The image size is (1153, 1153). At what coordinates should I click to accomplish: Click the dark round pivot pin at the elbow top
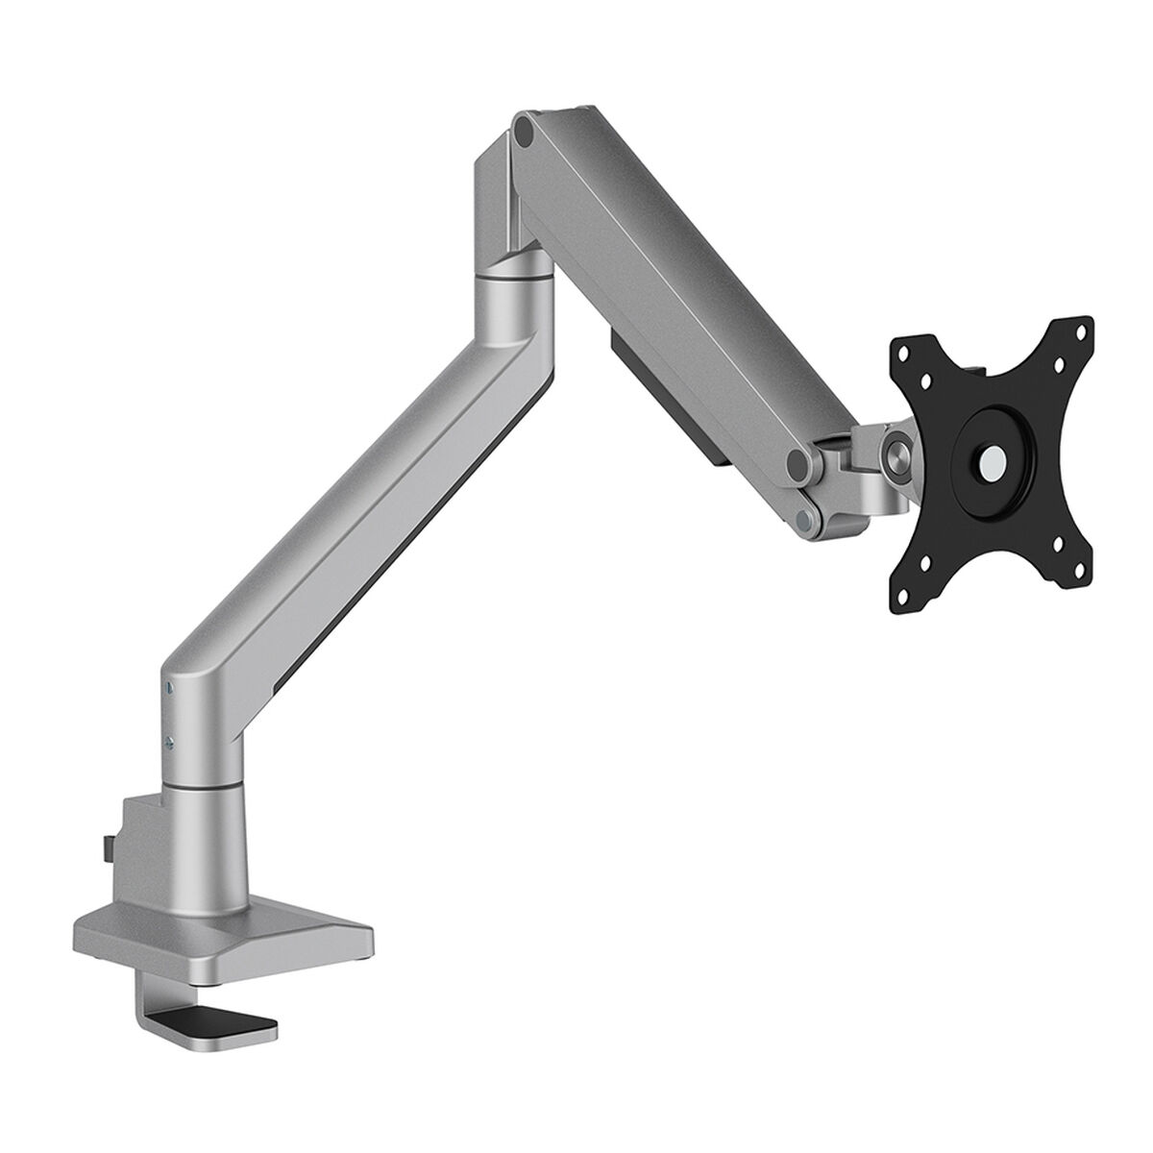(x=524, y=130)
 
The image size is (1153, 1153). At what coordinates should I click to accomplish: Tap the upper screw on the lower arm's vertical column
(x=169, y=687)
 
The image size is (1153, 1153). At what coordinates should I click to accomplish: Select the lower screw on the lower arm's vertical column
(x=169, y=740)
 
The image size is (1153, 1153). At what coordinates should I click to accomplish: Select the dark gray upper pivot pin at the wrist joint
(x=798, y=464)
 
